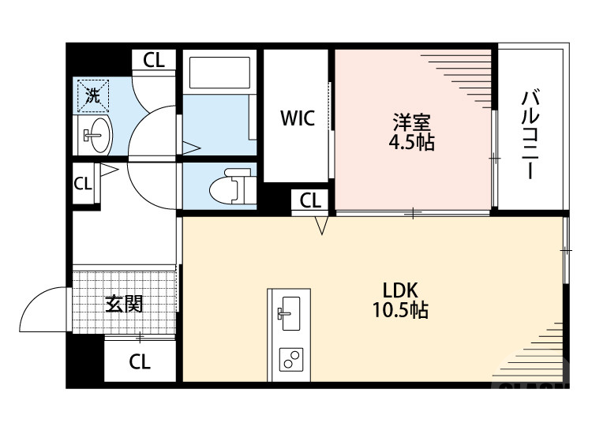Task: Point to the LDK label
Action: [400, 289]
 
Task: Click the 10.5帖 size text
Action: [400, 310]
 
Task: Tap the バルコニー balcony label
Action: [530, 135]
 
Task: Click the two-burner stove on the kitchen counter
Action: [290, 361]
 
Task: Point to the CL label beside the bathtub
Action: [154, 61]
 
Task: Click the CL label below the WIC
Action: [311, 201]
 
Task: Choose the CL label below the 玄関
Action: [140, 362]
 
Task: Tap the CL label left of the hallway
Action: [83, 184]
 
